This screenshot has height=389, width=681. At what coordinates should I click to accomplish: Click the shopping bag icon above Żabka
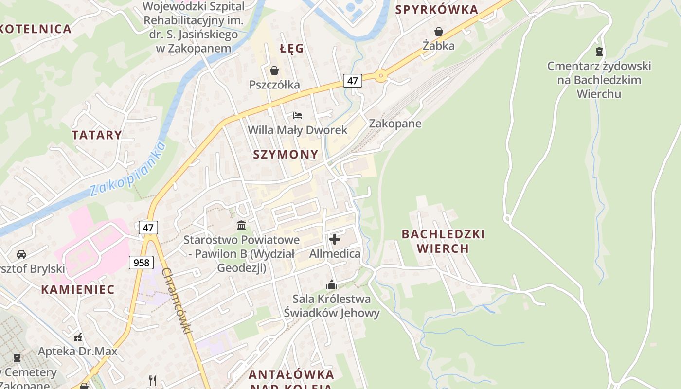tap(439, 32)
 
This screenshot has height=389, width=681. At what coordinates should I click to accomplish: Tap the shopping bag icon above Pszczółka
tap(274, 71)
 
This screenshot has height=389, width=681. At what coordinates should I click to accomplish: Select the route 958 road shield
tap(141, 263)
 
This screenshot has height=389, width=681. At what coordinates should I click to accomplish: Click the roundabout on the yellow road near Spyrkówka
tap(380, 75)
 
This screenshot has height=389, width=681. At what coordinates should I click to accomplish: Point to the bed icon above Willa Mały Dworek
tap(298, 116)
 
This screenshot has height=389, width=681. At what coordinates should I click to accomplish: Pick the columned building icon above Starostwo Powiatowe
tap(241, 225)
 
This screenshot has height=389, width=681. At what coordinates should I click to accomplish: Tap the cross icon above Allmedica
tap(335, 239)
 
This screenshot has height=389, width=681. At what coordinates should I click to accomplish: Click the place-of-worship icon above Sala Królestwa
tap(332, 284)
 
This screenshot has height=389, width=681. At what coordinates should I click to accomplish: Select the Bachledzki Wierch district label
tap(443, 241)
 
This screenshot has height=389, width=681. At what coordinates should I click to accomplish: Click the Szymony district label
tap(286, 155)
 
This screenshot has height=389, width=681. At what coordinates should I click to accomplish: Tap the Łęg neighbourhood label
tap(292, 48)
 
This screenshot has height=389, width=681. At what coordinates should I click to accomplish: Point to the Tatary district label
tap(97, 135)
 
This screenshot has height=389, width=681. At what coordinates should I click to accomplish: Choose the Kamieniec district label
tap(78, 290)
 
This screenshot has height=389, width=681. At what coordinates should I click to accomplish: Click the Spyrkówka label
tap(437, 10)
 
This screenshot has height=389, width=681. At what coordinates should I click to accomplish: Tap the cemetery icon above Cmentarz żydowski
tap(599, 51)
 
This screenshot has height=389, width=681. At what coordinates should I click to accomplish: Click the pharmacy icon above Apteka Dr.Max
tap(78, 337)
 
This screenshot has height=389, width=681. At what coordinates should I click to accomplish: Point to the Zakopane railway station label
tap(395, 124)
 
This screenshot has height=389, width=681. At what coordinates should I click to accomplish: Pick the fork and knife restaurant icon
tap(153, 379)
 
